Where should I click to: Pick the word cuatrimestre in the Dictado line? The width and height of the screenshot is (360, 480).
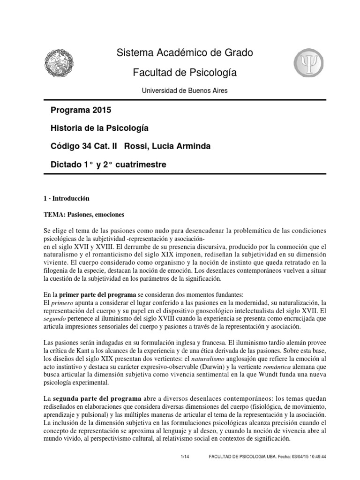tap(139, 165)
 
